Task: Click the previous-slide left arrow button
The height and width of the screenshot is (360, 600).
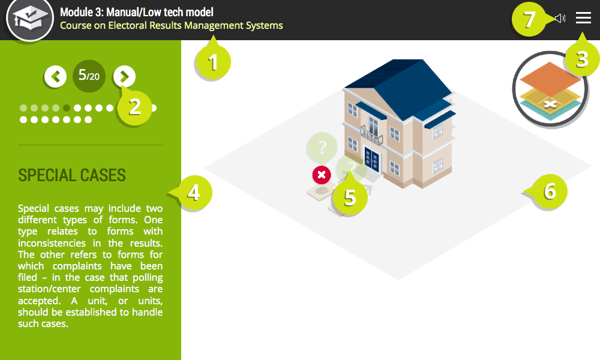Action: pos(55,77)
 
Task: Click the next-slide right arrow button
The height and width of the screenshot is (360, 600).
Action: pos(124,77)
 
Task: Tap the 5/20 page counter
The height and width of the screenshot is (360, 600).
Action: pos(89,76)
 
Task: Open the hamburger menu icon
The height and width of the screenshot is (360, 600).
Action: pos(583,17)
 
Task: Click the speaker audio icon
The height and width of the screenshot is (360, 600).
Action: pos(560,18)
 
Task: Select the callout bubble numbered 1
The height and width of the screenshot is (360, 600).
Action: pos(213,61)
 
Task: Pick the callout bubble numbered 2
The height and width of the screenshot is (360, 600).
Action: pos(134,107)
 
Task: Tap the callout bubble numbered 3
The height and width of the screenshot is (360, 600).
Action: pos(581,59)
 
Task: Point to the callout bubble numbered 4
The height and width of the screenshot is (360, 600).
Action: pos(193,193)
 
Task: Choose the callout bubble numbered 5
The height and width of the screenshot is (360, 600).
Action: pos(350,197)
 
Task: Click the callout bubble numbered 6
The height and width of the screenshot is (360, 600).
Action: pos(549,191)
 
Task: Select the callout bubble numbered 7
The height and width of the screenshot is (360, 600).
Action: pos(529,19)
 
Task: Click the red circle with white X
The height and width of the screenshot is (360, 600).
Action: pos(322,175)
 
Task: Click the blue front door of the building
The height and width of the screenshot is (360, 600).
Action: pos(372,160)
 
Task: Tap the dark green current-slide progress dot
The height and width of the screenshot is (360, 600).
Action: pos(67,108)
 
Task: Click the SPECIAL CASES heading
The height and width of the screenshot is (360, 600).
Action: pos(72,175)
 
